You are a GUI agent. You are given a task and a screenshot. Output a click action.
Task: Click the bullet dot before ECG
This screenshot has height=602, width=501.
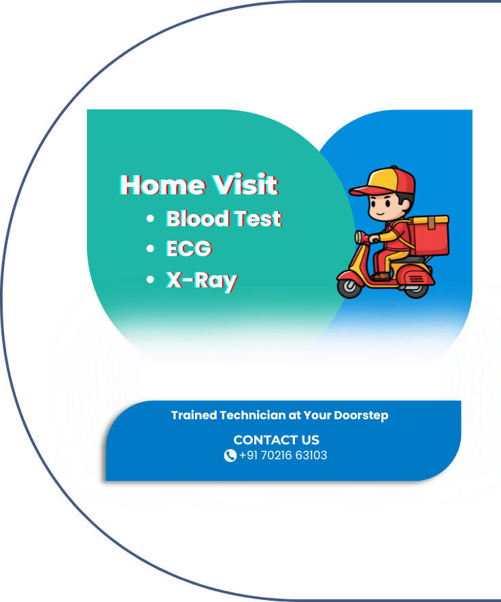(x=150, y=249)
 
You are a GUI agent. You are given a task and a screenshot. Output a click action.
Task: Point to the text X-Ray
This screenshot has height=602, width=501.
(x=202, y=280)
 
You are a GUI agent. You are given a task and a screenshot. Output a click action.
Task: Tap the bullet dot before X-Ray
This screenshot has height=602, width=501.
(x=150, y=280)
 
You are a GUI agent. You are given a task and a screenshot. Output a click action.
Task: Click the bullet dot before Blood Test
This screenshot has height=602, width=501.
(x=150, y=219)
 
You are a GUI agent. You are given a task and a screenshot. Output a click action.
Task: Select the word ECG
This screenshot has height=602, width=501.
(x=189, y=249)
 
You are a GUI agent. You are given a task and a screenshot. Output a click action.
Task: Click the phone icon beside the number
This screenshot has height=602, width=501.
(x=230, y=456)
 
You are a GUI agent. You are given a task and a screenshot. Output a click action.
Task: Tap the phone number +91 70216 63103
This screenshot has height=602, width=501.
(x=283, y=456)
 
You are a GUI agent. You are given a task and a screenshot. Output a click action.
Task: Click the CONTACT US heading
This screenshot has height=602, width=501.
(x=276, y=440)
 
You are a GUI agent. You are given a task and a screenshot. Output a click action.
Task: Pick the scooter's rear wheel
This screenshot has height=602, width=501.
(x=415, y=287)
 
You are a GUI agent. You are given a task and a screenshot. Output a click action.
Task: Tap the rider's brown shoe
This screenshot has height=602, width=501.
(x=381, y=277)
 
